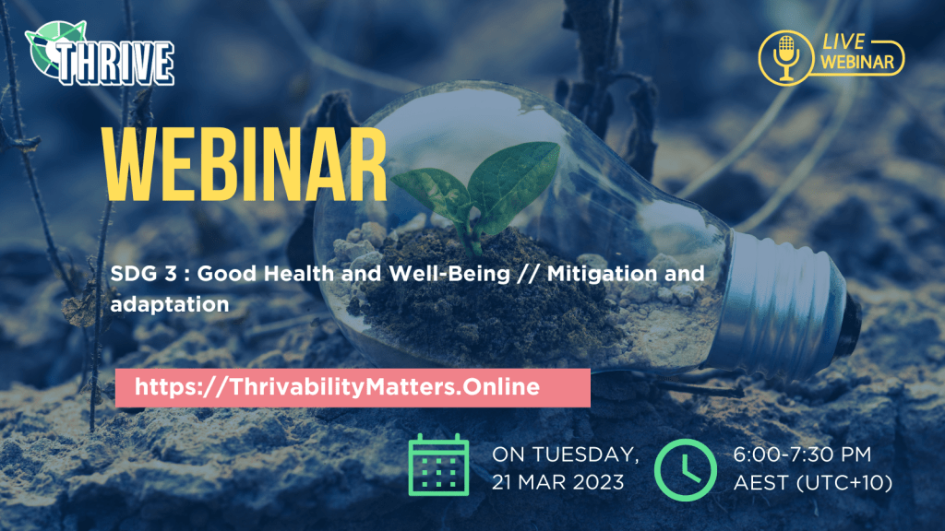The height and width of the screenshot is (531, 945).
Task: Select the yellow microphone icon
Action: [x=786, y=58]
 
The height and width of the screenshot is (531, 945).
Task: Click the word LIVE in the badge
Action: [x=843, y=41]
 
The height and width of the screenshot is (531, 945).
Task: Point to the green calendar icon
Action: [x=438, y=465]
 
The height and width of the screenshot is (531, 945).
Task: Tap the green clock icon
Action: [x=686, y=469]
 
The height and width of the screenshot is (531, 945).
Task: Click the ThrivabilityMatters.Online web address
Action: [x=337, y=386]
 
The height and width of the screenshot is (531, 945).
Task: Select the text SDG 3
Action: [x=143, y=274]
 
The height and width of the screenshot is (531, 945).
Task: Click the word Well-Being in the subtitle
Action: [x=449, y=274]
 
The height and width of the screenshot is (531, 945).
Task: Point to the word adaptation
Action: [x=170, y=304]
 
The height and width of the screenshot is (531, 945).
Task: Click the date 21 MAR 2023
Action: [x=557, y=482]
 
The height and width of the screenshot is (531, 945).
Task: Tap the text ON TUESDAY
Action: [x=566, y=455]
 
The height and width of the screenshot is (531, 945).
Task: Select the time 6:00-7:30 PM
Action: [x=802, y=454]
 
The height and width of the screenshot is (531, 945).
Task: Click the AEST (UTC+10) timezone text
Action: [x=812, y=483]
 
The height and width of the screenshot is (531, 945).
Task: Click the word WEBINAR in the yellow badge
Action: [x=856, y=62]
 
